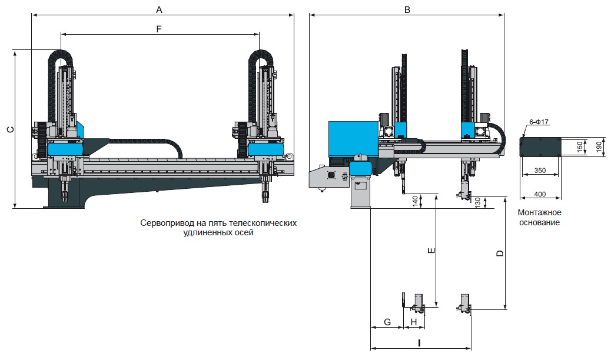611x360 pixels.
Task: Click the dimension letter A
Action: coord(159,10)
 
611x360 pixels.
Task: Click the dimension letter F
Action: coord(158,29)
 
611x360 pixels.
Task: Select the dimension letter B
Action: coord(407,10)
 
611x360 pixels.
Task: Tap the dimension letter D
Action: coord(500,254)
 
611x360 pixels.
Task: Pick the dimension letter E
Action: coord(431,251)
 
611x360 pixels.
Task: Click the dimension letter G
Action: coord(387,322)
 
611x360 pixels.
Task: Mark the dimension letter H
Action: coord(414,322)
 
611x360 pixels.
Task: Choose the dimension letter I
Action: coord(419,344)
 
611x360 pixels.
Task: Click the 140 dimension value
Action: coord(416,201)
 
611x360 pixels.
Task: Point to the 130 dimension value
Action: coord(478,202)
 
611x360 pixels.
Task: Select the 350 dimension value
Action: coord(540,171)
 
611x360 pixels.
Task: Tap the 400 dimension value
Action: coord(540,194)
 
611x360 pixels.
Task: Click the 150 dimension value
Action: coord(580,147)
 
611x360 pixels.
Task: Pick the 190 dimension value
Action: coord(599,147)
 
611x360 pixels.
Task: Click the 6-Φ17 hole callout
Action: coord(539,122)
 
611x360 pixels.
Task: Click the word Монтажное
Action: coord(539,213)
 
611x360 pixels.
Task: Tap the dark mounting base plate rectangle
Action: coord(540,147)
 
